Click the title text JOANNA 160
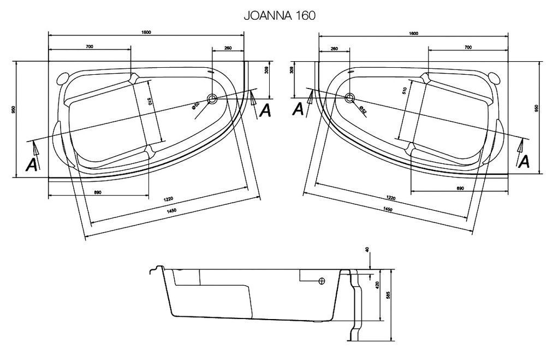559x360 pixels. pyautogui.click(x=279, y=16)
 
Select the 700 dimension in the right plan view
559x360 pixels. pyautogui.click(x=468, y=48)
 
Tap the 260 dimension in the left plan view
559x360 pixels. pyautogui.click(x=228, y=48)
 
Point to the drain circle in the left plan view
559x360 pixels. pyautogui.click(x=212, y=99)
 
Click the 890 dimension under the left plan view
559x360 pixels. pyautogui.click(x=98, y=192)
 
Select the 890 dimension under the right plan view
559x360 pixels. pyautogui.click(x=459, y=188)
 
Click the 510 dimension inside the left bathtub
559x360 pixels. pyautogui.click(x=148, y=101)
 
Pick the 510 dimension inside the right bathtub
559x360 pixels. pyautogui.click(x=404, y=91)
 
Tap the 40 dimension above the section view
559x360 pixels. pyautogui.click(x=367, y=250)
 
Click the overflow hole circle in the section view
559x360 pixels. pyautogui.click(x=322, y=281)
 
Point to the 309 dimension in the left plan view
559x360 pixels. pyautogui.click(x=266, y=69)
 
